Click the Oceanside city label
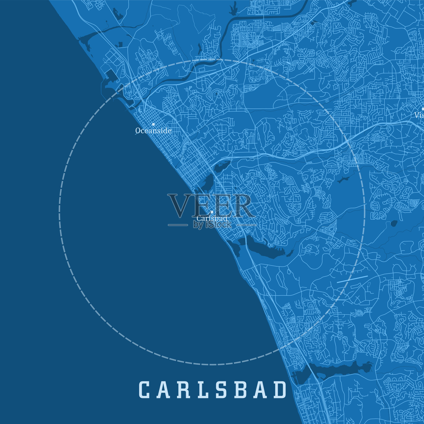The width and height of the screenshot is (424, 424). click(x=153, y=130)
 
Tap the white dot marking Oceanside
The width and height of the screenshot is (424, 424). click(x=153, y=124)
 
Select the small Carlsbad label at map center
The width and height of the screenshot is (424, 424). click(x=212, y=218)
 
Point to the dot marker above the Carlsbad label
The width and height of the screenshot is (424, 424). click(x=212, y=212)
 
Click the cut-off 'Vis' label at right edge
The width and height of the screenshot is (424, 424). click(x=419, y=115)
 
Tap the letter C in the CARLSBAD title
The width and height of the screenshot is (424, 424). click(x=144, y=390)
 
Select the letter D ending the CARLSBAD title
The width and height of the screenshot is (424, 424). click(x=280, y=390)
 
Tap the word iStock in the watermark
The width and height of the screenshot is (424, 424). click(x=219, y=225)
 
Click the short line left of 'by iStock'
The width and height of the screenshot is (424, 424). click(x=178, y=225)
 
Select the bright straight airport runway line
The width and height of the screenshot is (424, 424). click(x=352, y=279)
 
